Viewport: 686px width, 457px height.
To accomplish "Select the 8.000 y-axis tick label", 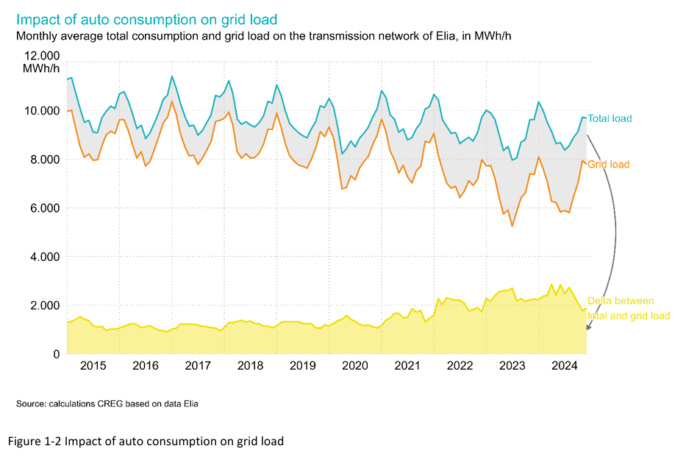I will pos(42,159).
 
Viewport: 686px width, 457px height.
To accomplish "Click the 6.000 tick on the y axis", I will pos(42,209).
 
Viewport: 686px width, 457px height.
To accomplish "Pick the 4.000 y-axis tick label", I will pos(42,257).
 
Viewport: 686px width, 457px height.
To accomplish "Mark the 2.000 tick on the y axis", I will pos(42,306).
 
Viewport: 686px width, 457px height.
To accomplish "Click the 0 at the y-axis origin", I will pos(56,354).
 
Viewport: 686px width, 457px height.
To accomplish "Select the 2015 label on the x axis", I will pos(93,366).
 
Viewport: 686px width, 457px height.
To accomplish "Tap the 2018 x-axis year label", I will pos(250,366).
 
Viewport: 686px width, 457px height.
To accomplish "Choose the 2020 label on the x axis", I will pos(355,366).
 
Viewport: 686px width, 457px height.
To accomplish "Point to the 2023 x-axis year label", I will pos(512,366).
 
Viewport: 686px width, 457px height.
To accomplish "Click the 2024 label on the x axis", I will pos(564,366).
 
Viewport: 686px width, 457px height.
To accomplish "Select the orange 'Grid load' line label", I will pos(609,165).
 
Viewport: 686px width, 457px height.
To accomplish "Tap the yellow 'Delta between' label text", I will pos(621,301).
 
